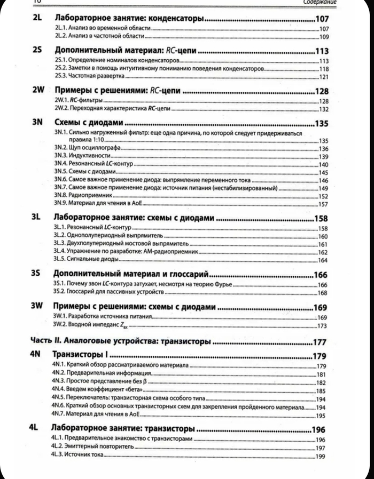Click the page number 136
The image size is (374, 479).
tap(322, 149)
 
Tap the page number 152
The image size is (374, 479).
tap(322, 196)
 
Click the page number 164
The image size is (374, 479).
tap(322, 260)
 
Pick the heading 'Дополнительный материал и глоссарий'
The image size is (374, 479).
tap(131, 274)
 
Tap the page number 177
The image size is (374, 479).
tap(321, 342)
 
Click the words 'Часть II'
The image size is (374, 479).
tap(40, 341)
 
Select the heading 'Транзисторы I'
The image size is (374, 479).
tap(80, 355)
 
